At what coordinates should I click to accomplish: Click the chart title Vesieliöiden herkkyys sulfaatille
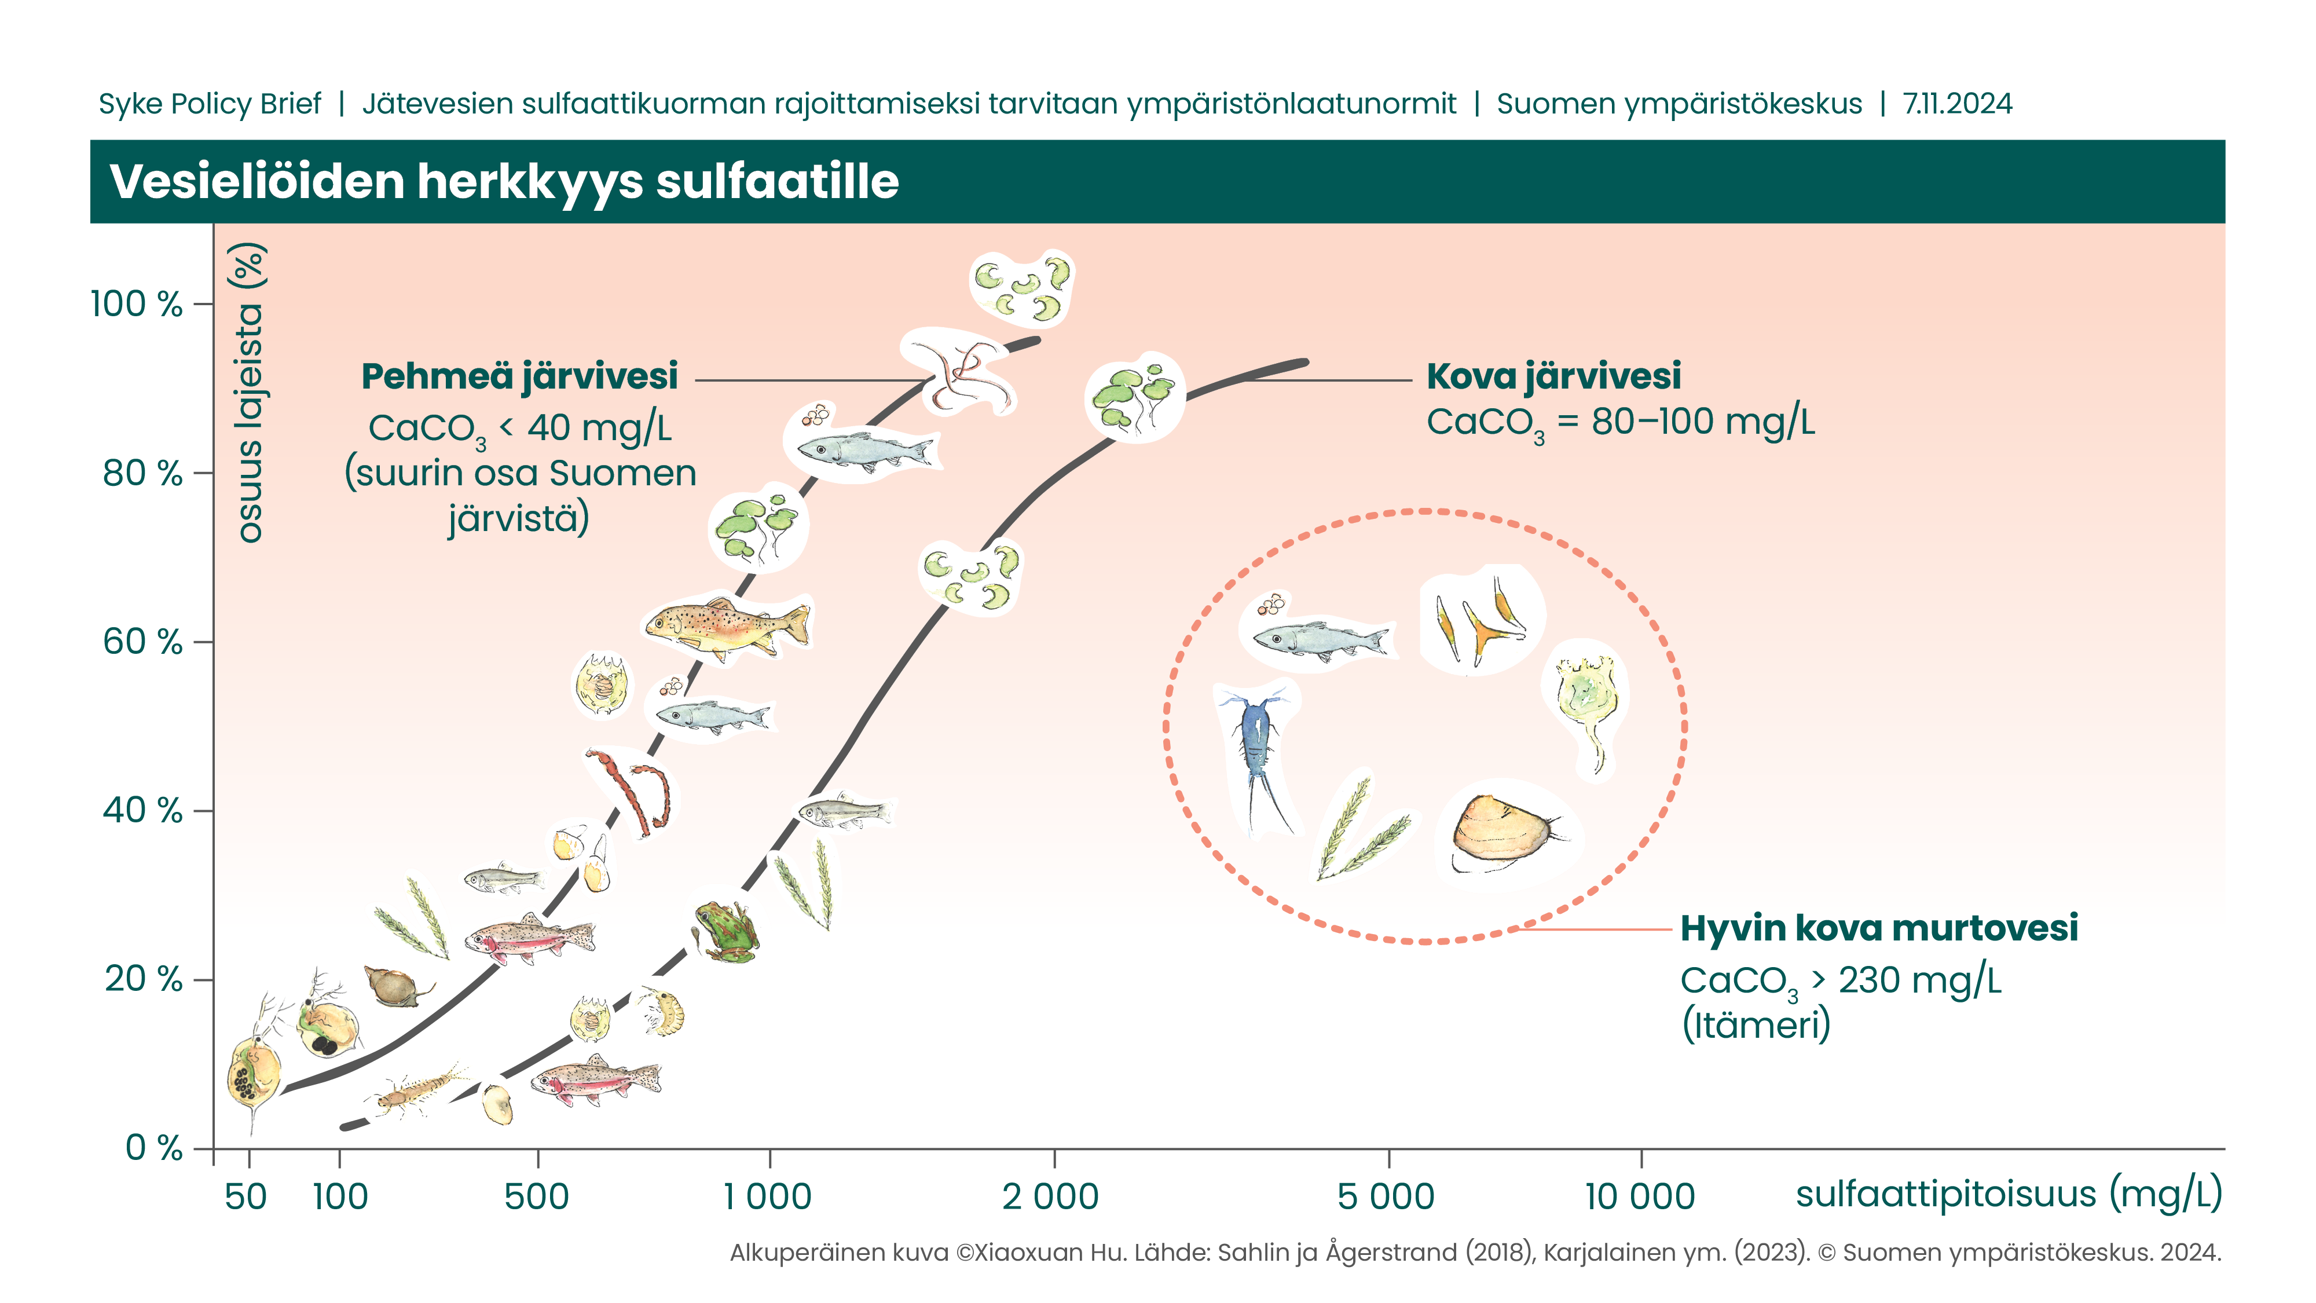[x=504, y=182]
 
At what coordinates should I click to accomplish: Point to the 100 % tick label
[x=137, y=305]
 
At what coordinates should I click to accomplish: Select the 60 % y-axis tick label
[x=142, y=642]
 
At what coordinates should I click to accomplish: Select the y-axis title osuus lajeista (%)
[x=250, y=393]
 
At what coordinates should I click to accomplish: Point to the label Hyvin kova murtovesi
[x=1878, y=928]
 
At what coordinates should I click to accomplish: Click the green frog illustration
[x=727, y=931]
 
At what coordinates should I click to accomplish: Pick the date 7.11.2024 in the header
[x=1956, y=104]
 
